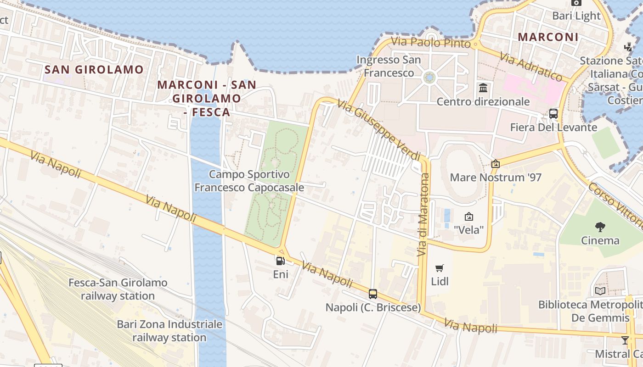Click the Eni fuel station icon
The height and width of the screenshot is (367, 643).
pyautogui.click(x=280, y=261)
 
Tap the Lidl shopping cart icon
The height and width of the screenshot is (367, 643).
pyautogui.click(x=440, y=268)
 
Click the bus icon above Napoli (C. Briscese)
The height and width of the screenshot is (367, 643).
pyautogui.click(x=373, y=294)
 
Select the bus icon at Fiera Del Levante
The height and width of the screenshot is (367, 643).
pyautogui.click(x=553, y=114)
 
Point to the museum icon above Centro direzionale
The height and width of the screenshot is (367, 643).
pyautogui.click(x=483, y=88)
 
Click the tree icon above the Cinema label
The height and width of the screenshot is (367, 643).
pyautogui.click(x=600, y=227)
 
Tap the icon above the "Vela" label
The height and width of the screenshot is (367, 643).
pyautogui.click(x=469, y=216)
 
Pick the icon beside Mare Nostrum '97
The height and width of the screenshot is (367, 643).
pyautogui.click(x=495, y=164)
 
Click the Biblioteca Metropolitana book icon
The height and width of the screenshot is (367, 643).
pyautogui.click(x=600, y=291)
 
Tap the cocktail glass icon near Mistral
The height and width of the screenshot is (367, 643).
pyautogui.click(x=625, y=340)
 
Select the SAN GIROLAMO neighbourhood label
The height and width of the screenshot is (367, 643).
pyautogui.click(x=94, y=70)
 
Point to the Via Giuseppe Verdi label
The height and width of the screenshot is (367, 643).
pyautogui.click(x=379, y=129)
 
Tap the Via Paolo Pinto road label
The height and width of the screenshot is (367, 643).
pyautogui.click(x=431, y=42)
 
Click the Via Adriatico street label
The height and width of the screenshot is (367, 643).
pyautogui.click(x=531, y=67)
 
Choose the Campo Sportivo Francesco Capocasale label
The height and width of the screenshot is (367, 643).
pyautogui.click(x=249, y=181)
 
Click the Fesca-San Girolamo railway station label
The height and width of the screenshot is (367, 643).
pyautogui.click(x=118, y=289)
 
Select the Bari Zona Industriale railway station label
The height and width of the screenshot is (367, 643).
pyautogui.click(x=169, y=331)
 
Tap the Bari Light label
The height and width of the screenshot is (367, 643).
pyautogui.click(x=576, y=16)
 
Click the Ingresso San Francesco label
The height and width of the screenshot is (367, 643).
pyautogui.click(x=389, y=66)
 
